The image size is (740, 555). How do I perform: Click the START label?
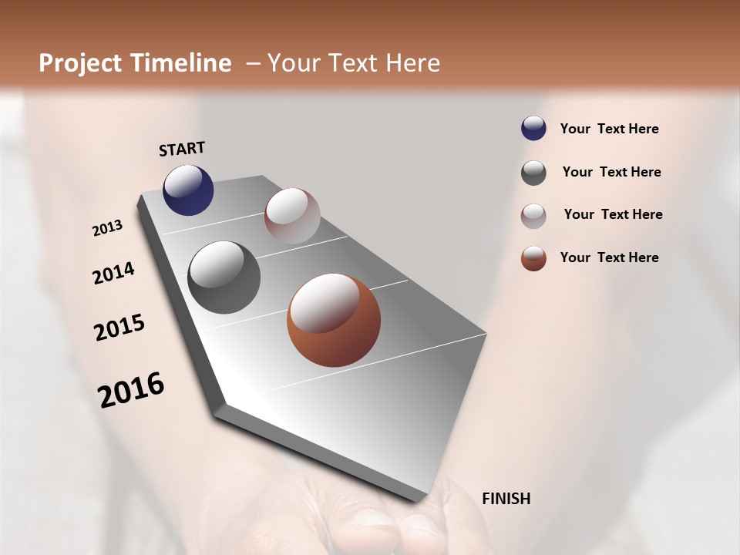click(x=182, y=149)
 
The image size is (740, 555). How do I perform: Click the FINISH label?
click(x=506, y=499)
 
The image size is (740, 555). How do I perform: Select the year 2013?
click(x=107, y=228)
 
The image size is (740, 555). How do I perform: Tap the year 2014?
click(x=113, y=274)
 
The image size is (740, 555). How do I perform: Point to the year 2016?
click(x=131, y=390)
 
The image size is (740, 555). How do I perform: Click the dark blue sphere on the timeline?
click(x=188, y=190)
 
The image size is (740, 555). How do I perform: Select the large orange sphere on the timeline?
click(x=334, y=320)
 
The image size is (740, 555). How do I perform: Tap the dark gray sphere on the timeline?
click(x=224, y=277)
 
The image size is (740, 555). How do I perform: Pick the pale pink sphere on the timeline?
click(x=292, y=216)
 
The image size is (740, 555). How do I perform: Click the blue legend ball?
click(x=533, y=129)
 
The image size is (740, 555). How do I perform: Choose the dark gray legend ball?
click(x=533, y=173)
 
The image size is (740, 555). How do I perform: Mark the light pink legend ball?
click(x=533, y=215)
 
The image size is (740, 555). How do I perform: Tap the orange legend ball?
click(x=533, y=258)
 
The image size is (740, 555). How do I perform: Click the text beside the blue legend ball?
click(x=609, y=129)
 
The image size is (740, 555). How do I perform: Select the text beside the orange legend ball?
click(x=609, y=257)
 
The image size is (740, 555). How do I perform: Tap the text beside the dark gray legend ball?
click(x=611, y=172)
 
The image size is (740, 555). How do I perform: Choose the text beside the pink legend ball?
click(x=613, y=214)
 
